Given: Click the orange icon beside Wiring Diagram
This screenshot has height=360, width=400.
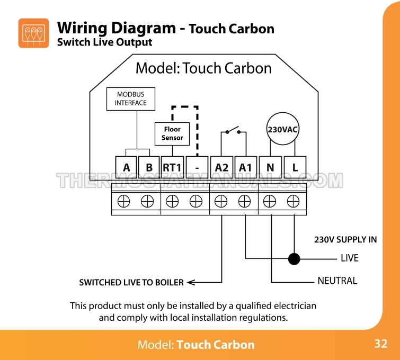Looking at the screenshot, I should pyautogui.click(x=33, y=33).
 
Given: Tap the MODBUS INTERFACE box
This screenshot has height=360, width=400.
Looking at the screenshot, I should pyautogui.click(x=131, y=98).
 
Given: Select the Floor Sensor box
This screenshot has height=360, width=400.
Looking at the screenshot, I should pyautogui.click(x=172, y=133).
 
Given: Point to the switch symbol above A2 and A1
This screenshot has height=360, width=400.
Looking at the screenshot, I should pyautogui.click(x=234, y=131).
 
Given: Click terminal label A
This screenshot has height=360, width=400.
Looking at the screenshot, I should pyautogui.click(x=126, y=168).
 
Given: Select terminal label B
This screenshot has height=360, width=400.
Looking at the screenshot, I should pyautogui.click(x=149, y=168).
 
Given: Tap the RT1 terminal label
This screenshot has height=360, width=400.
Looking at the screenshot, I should pyautogui.click(x=172, y=168).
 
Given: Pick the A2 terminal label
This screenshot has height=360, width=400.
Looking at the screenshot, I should pyautogui.click(x=222, y=168).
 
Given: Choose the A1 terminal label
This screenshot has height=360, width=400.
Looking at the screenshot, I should pyautogui.click(x=245, y=168).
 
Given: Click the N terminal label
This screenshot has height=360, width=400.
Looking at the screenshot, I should pyautogui.click(x=270, y=168).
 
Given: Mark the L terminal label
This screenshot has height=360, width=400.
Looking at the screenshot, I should pyautogui.click(x=295, y=168).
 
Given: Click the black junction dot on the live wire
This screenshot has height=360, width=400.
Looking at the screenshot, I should pyautogui.click(x=294, y=258).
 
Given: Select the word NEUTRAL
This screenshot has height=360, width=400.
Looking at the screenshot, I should pyautogui.click(x=337, y=281).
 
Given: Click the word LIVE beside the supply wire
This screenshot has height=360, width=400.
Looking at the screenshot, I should pyautogui.click(x=349, y=258).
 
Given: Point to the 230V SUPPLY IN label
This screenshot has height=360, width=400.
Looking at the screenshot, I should pyautogui.click(x=345, y=239).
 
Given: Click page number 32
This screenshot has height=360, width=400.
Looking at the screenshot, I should pyautogui.click(x=380, y=344).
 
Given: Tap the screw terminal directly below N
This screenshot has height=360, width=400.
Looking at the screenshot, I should pyautogui.click(x=270, y=201).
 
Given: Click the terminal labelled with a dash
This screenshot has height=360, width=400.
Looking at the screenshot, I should pyautogui.click(x=197, y=168).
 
